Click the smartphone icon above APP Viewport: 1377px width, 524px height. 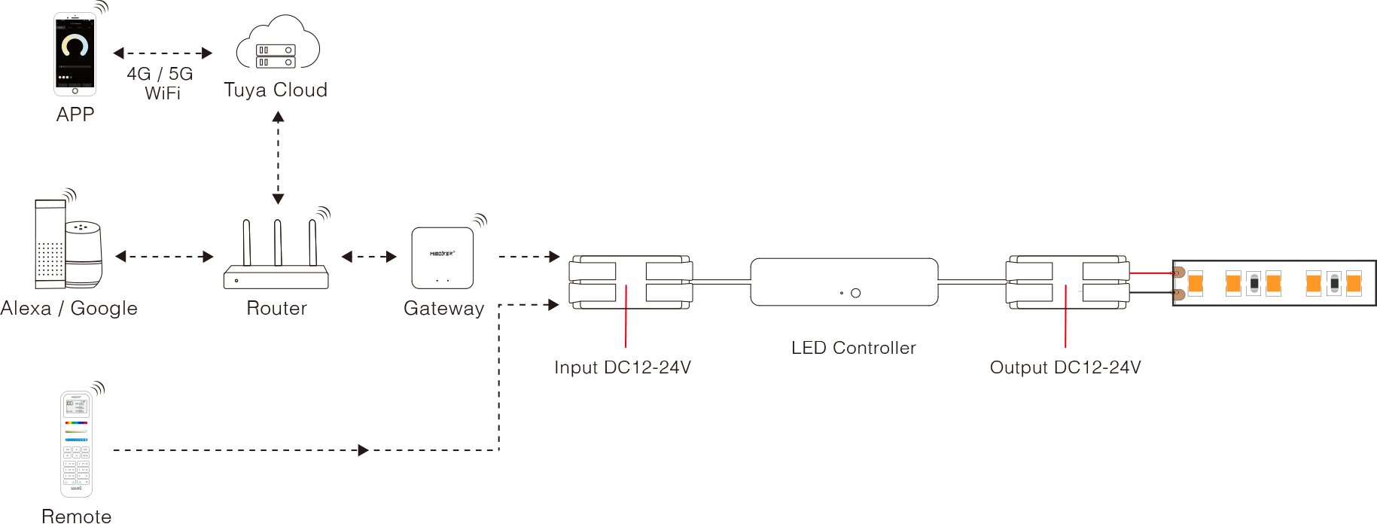(x=75, y=54)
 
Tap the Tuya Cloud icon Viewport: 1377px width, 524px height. (x=277, y=45)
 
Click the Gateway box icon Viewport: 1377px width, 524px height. (x=443, y=258)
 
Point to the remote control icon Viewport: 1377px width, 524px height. (x=76, y=443)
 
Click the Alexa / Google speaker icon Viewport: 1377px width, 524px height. (x=68, y=245)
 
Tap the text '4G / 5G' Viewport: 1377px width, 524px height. (x=160, y=74)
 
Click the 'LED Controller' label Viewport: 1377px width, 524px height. (x=854, y=348)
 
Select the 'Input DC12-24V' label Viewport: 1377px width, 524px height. (x=623, y=367)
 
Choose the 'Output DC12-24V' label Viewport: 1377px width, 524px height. (x=1065, y=367)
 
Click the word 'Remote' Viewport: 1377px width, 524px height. (x=76, y=516)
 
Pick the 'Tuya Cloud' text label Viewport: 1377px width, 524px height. (x=276, y=90)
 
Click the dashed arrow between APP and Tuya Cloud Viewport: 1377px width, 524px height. (x=163, y=53)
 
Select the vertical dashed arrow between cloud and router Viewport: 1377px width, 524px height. (x=278, y=158)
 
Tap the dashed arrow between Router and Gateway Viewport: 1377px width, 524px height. (x=369, y=257)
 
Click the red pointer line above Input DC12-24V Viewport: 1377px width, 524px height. (x=626, y=316)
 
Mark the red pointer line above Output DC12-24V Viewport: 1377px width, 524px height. (x=1065, y=316)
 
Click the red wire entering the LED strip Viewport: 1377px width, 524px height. (x=1150, y=273)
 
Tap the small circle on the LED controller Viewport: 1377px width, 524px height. (x=855, y=293)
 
